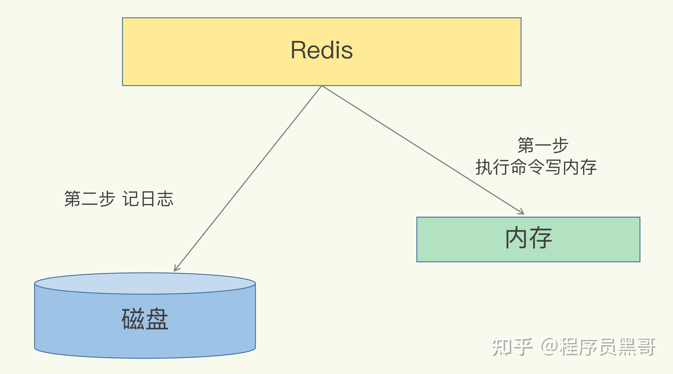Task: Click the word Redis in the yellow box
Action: pyautogui.click(x=322, y=50)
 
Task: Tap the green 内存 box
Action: pyautogui.click(x=528, y=239)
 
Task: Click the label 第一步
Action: pyautogui.click(x=543, y=145)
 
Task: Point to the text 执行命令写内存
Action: pyautogui.click(x=536, y=167)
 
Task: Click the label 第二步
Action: pyautogui.click(x=89, y=199)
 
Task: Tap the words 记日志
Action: pyautogui.click(x=148, y=199)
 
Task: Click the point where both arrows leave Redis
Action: pyautogui.click(x=322, y=86)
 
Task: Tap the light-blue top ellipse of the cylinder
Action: pyautogui.click(x=145, y=283)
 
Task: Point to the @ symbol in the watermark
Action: pyautogui.click(x=549, y=347)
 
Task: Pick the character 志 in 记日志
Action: pyautogui.click(x=165, y=199)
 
